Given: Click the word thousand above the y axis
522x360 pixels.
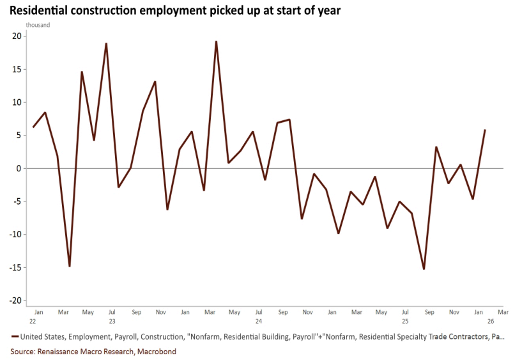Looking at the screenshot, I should [x=38, y=25].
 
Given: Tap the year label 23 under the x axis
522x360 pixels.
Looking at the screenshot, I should [x=112, y=321].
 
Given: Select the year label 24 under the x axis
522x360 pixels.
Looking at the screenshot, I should [x=258, y=321].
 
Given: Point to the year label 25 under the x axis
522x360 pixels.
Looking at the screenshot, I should [x=405, y=321].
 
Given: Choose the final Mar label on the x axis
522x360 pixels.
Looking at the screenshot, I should [x=503, y=312].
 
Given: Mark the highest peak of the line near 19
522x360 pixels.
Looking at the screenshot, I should [x=216, y=42].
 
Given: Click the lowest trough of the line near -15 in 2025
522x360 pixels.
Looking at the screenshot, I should [x=424, y=269].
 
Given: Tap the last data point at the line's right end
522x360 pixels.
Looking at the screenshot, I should [x=485, y=130].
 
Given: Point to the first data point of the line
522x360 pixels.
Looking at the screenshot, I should [x=33, y=127].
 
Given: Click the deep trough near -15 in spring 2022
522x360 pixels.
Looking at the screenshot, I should [x=69, y=266].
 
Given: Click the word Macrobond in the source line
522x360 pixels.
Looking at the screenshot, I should [x=158, y=351].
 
